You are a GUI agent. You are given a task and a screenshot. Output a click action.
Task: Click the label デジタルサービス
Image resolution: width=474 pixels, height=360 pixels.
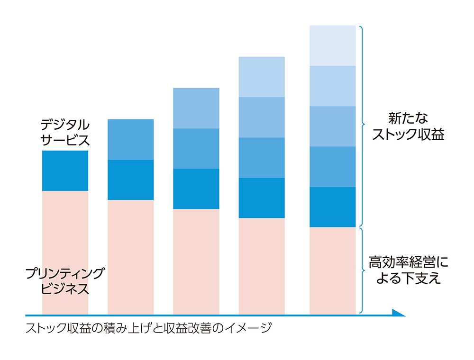point(65,133)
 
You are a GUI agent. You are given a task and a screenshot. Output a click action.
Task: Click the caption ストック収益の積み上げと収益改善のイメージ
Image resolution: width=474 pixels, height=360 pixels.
point(149,328)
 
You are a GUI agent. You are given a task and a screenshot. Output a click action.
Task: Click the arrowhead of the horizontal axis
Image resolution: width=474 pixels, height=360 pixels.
point(399,313)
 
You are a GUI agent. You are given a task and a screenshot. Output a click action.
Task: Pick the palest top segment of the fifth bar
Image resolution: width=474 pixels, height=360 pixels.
point(332,45)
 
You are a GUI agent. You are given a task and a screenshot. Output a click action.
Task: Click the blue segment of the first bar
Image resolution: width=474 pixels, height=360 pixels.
point(65,171)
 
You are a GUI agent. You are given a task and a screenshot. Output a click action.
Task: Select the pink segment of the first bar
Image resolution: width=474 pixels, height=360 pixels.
point(65,251)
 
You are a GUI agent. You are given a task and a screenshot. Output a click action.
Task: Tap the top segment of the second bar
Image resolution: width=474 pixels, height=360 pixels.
point(131,139)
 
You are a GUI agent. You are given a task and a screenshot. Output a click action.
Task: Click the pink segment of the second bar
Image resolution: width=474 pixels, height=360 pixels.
point(131,256)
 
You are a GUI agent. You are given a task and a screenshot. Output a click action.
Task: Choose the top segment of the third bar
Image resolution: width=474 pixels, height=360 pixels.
point(196,108)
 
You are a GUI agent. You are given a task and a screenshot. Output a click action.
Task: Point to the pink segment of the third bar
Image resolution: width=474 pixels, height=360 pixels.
point(196,261)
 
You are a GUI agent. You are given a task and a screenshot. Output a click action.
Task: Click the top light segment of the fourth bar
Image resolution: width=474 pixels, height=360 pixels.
point(262,77)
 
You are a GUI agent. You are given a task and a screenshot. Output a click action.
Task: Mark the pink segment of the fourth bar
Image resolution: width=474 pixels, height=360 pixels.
point(262,265)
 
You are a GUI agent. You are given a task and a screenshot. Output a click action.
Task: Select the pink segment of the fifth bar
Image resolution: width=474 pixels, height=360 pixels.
point(332,270)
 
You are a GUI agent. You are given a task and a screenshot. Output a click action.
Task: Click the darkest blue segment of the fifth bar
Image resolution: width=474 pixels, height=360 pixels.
point(332,207)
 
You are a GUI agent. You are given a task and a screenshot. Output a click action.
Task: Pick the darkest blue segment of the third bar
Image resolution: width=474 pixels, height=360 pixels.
point(196,189)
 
